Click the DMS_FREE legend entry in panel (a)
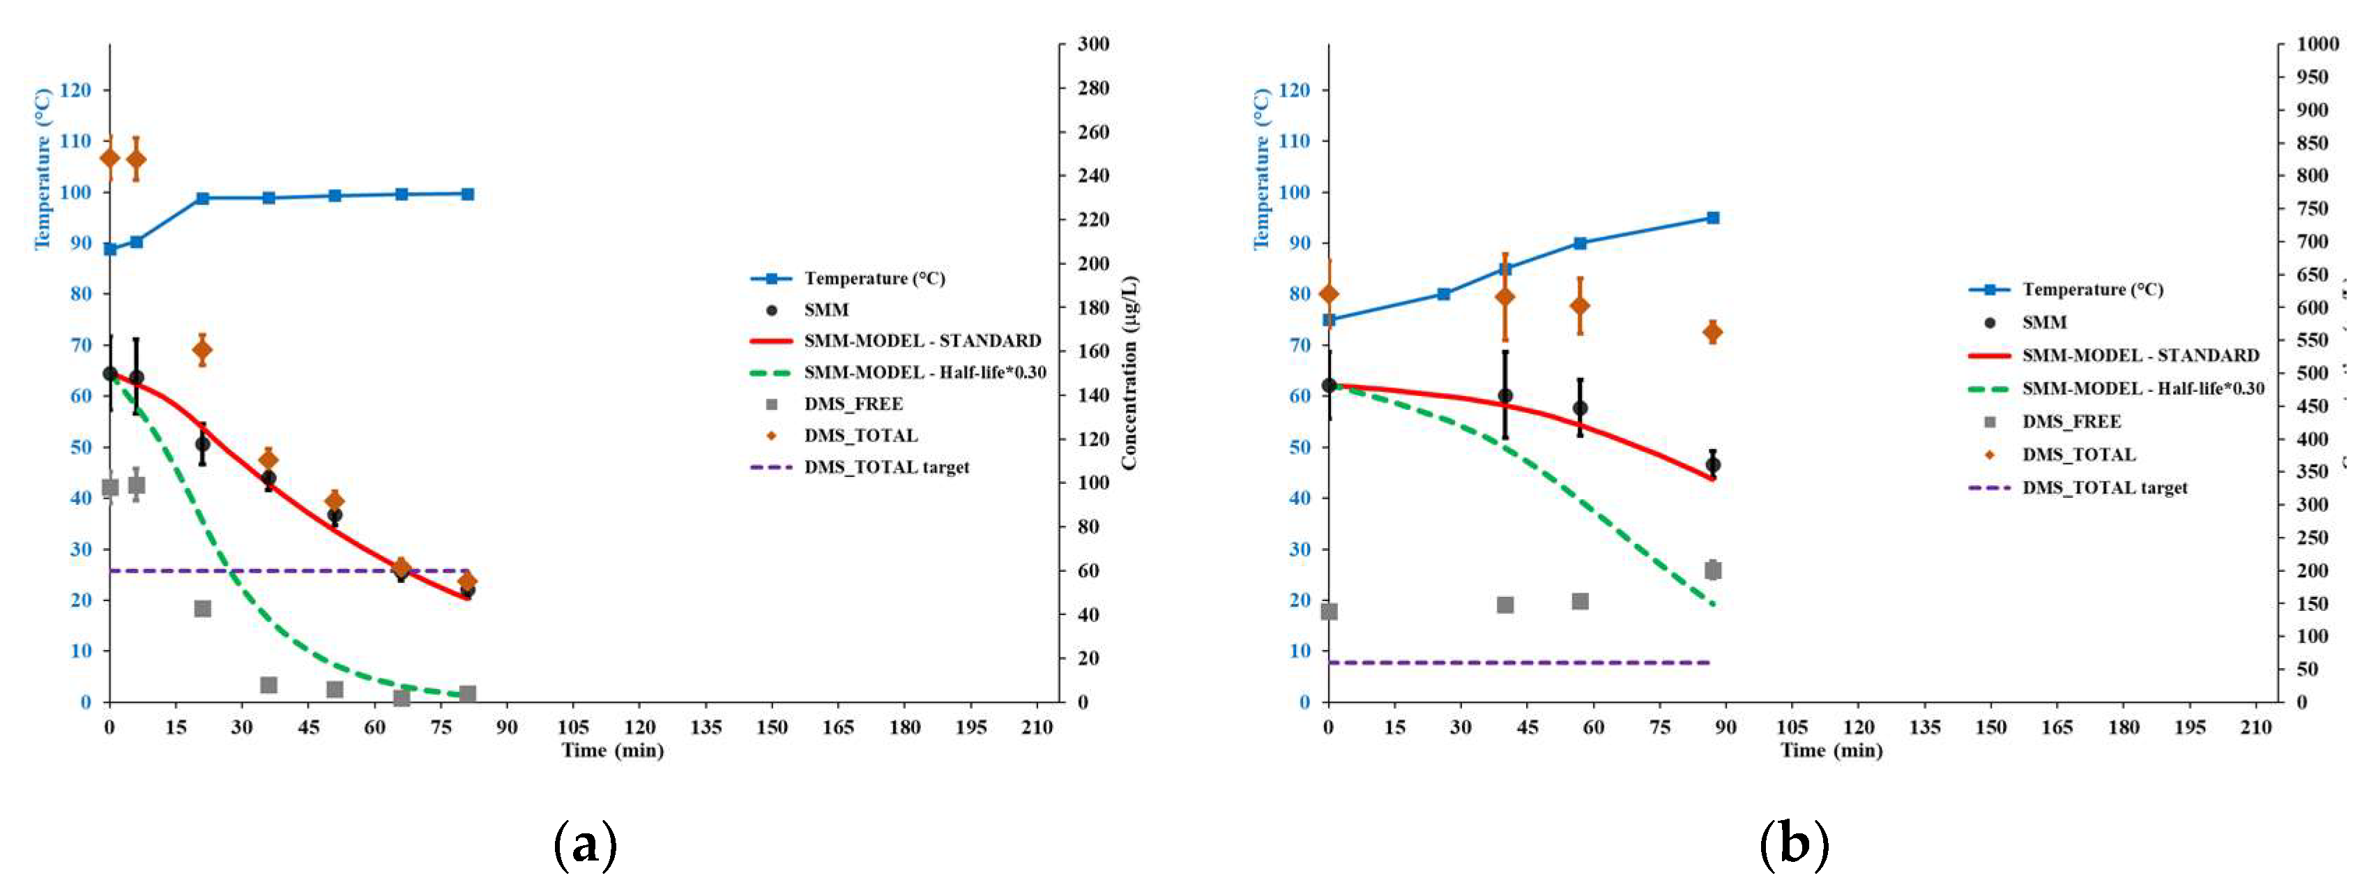point(853,404)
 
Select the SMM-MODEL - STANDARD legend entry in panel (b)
point(2140,356)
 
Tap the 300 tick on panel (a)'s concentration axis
point(1093,44)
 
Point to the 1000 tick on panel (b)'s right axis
point(2317,44)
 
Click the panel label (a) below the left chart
point(585,843)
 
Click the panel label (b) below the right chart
point(1793,843)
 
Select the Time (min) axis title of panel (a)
point(613,750)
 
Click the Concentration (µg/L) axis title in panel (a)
point(1129,372)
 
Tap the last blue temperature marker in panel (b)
point(1712,218)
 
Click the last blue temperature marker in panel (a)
point(467,194)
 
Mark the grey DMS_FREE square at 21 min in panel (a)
point(202,609)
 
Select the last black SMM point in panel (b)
point(1712,465)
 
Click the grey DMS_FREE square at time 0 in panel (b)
point(1329,612)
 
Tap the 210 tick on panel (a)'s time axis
point(1037,727)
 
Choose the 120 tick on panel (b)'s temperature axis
point(1293,90)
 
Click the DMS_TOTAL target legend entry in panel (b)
point(2104,488)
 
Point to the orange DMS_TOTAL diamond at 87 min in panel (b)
point(1712,332)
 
